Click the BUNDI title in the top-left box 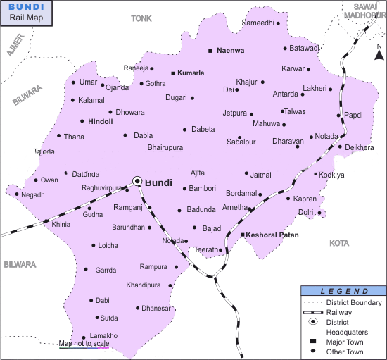pyautogui.click(x=25, y=6)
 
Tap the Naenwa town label pyautogui.click(x=230, y=51)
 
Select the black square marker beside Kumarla pyautogui.click(x=173, y=73)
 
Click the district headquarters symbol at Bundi pyautogui.click(x=137, y=182)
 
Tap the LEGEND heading pyautogui.click(x=344, y=291)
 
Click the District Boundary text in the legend pyautogui.click(x=354, y=302)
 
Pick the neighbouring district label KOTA pyautogui.click(x=339, y=243)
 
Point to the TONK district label pyautogui.click(x=141, y=19)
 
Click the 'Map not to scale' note pyautogui.click(x=84, y=343)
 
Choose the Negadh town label pyautogui.click(x=32, y=194)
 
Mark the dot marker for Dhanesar pyautogui.click(x=137, y=308)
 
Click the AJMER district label pyautogui.click(x=13, y=48)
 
